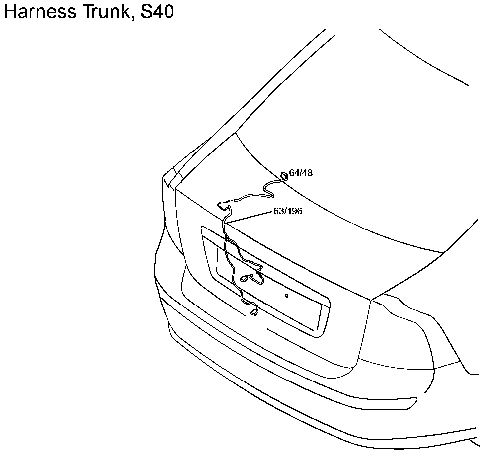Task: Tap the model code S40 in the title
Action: click(x=158, y=12)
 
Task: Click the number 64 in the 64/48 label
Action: click(x=294, y=173)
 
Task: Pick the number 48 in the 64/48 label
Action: click(x=307, y=173)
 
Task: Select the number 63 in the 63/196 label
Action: click(x=278, y=211)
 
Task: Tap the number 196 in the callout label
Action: click(x=294, y=211)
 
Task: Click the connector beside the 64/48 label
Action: click(x=284, y=175)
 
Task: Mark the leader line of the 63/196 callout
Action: click(x=249, y=217)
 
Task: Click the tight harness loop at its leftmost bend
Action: click(x=218, y=205)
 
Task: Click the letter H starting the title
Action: click(x=10, y=12)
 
